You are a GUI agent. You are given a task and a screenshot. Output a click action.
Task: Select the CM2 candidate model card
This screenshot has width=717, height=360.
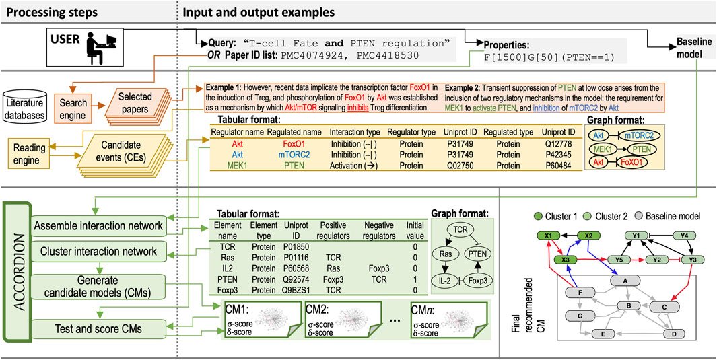335,324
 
